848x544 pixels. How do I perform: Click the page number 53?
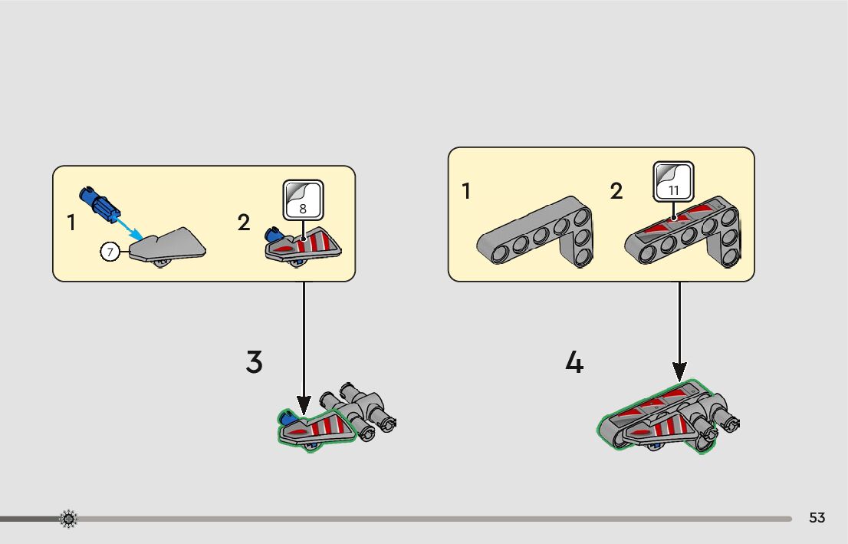[817, 518]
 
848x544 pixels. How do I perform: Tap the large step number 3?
[254, 362]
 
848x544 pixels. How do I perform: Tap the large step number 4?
[574, 362]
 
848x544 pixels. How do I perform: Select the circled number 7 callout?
[110, 250]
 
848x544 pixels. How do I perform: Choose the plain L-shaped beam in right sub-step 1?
[537, 234]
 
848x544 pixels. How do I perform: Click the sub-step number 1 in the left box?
[71, 223]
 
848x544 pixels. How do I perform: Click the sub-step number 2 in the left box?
[244, 223]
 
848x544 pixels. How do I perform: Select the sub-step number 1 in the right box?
[466, 191]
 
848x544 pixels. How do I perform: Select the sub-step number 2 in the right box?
[616, 191]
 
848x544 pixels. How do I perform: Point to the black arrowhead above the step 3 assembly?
[304, 404]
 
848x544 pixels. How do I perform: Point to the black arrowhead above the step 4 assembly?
[679, 371]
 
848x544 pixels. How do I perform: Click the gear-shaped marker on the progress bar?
[68, 519]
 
